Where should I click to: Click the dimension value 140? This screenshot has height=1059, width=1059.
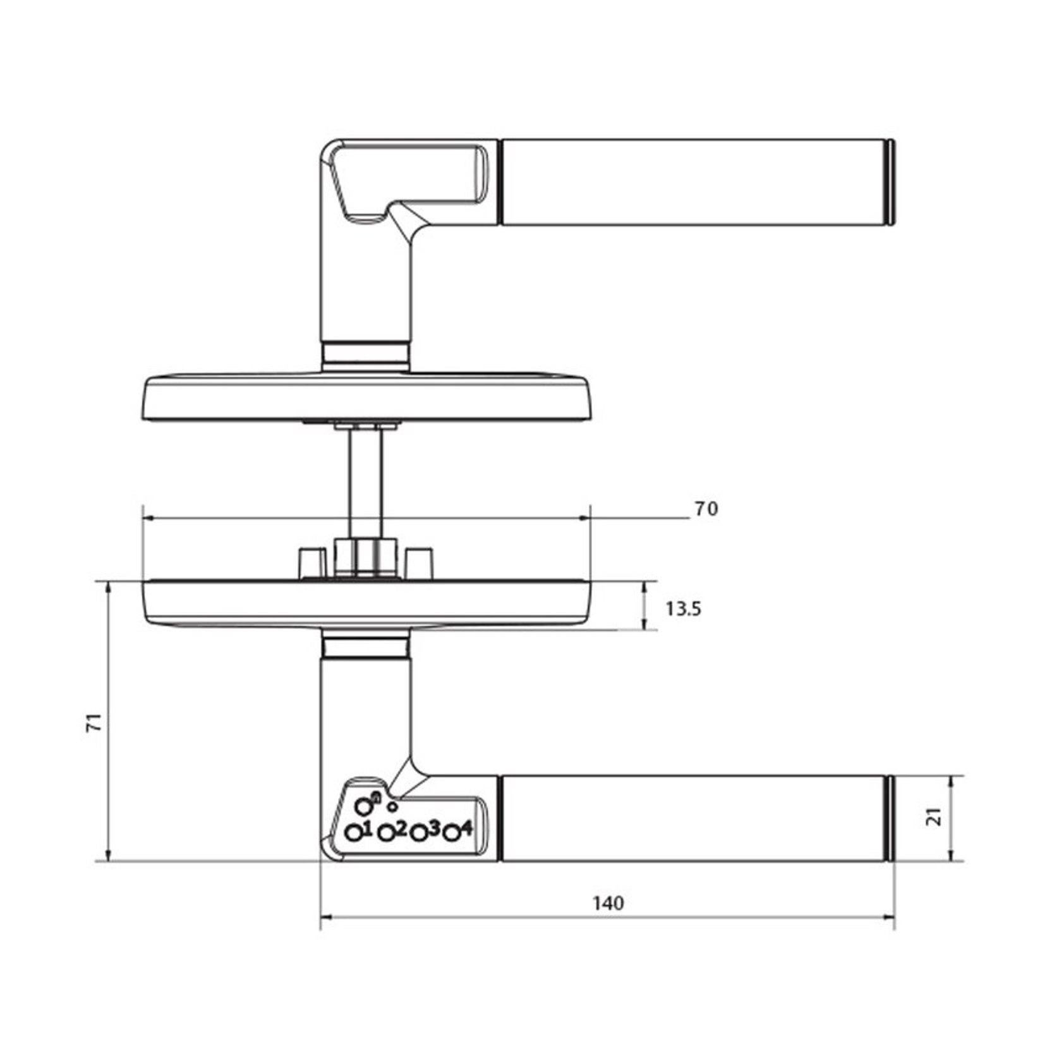pyautogui.click(x=608, y=903)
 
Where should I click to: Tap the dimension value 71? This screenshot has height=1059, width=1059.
pyautogui.click(x=94, y=722)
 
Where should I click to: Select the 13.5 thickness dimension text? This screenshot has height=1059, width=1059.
pyautogui.click(x=683, y=609)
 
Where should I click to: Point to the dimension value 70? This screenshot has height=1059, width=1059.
pyautogui.click(x=706, y=509)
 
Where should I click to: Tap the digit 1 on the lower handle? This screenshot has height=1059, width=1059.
pyautogui.click(x=367, y=827)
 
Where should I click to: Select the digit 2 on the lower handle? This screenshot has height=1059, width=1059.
pyautogui.click(x=400, y=827)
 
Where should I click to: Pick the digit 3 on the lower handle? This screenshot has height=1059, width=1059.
pyautogui.click(x=433, y=828)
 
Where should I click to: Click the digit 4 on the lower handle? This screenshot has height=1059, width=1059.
pyautogui.click(x=466, y=827)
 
